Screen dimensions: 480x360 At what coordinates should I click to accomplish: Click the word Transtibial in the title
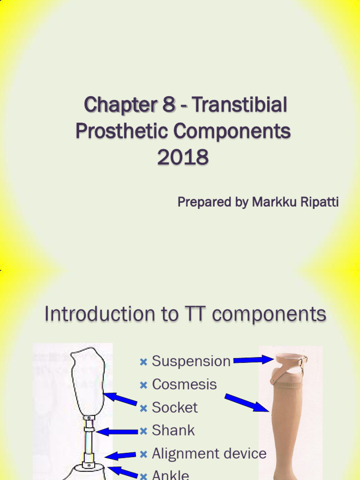click(x=239, y=105)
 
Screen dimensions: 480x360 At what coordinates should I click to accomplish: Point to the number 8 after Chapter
click(x=169, y=105)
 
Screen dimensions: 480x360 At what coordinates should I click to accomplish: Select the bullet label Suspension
click(x=191, y=361)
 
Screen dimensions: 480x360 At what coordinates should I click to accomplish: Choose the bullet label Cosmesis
click(x=184, y=384)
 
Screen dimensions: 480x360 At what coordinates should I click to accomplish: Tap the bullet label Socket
click(x=174, y=407)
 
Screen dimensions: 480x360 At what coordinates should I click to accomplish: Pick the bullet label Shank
click(x=173, y=430)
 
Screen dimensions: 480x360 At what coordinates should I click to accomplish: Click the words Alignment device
click(x=209, y=453)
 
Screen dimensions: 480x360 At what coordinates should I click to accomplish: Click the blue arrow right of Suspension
click(x=253, y=360)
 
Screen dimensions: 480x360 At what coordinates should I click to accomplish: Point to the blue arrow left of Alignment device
click(x=121, y=455)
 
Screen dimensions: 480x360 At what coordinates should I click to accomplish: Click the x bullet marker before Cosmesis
click(x=143, y=385)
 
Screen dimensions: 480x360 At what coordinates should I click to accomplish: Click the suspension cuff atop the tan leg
click(x=291, y=360)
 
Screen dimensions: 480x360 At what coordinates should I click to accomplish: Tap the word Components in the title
click(x=232, y=132)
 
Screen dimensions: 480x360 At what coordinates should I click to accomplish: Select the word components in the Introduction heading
click(x=269, y=314)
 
